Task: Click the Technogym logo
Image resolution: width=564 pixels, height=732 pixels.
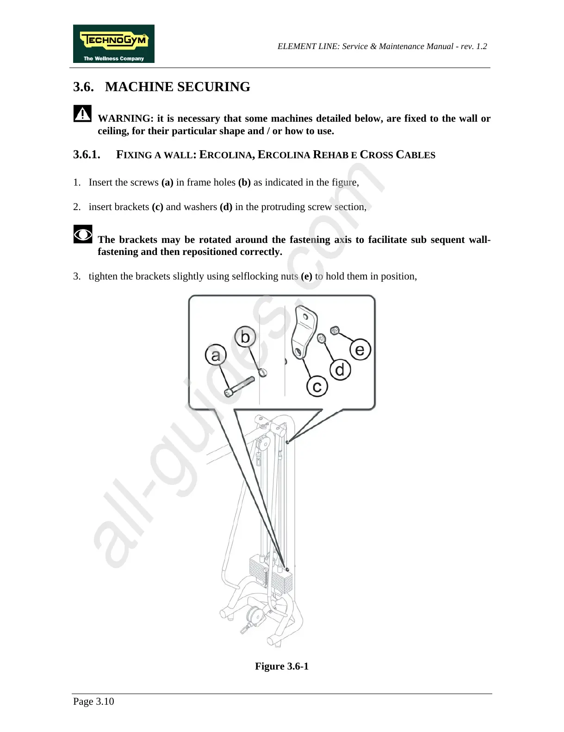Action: (113, 43)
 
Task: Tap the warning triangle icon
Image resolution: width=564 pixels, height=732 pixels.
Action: (82, 113)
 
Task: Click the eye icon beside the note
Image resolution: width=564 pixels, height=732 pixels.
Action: (82, 235)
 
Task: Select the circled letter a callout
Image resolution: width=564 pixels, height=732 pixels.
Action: (216, 355)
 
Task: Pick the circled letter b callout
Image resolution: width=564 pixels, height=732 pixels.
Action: (245, 337)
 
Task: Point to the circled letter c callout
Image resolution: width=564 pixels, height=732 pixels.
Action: (317, 386)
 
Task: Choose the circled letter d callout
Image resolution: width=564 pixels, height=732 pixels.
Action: (340, 370)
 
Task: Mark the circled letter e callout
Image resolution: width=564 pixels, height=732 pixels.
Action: (360, 350)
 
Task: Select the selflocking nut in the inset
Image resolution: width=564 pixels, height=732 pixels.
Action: (334, 330)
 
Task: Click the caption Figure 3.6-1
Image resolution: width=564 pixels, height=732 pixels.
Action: (282, 666)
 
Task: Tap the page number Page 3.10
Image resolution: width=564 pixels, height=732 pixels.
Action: (93, 701)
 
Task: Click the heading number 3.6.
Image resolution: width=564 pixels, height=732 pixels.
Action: (83, 87)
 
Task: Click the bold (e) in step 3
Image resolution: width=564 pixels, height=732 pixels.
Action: (306, 276)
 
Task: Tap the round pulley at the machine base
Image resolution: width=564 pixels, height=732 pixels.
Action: (254, 615)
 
